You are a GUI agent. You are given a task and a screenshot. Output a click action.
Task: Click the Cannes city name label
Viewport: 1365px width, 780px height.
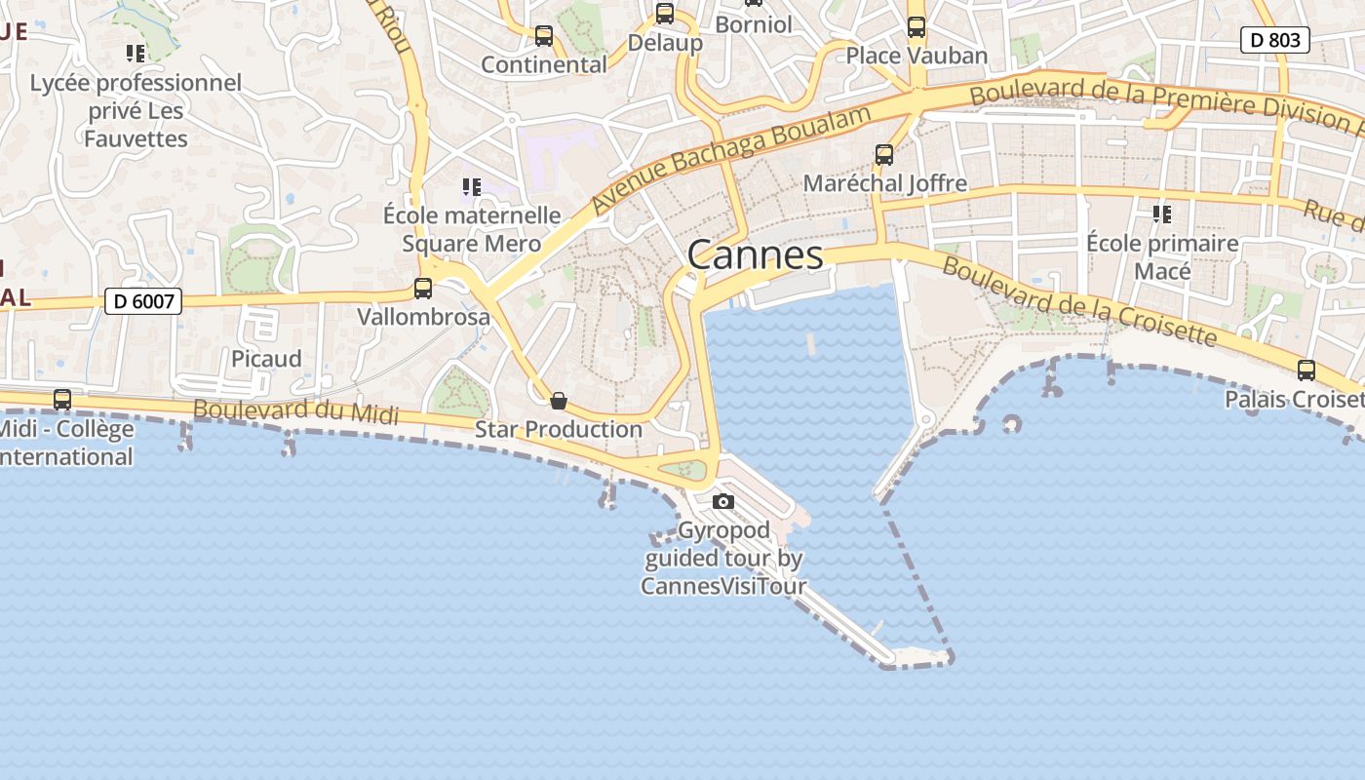point(756,255)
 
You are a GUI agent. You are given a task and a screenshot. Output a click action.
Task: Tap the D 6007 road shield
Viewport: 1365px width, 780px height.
point(143,301)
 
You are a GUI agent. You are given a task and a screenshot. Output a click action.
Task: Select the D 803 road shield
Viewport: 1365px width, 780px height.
point(1274,40)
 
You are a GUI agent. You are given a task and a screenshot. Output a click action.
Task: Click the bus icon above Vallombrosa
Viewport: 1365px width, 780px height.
point(423,289)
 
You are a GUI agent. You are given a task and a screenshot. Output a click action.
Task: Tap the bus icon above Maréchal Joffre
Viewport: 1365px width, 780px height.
point(884,155)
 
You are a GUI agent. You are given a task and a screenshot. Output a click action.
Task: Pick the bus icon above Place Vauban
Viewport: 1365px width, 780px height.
point(916,27)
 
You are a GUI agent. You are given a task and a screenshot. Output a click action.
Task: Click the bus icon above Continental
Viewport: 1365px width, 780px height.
point(544,37)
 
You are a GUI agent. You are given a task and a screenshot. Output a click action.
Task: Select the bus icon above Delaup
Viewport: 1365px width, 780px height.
point(665,14)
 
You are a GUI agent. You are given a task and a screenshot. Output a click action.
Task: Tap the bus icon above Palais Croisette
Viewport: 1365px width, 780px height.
point(1306,370)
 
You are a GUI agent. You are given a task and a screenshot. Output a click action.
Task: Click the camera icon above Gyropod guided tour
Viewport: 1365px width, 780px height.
point(723,501)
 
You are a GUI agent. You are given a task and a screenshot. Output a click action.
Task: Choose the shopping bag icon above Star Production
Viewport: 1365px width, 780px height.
point(559,401)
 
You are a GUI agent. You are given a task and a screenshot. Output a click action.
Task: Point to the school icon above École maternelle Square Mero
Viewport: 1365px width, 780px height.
point(472,186)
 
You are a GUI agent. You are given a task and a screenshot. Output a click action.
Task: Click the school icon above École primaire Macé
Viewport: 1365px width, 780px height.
point(1161,214)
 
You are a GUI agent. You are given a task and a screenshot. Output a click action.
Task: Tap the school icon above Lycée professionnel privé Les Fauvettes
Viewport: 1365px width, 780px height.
point(136,54)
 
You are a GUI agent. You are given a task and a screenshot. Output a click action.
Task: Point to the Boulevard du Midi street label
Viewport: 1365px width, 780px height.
point(296,411)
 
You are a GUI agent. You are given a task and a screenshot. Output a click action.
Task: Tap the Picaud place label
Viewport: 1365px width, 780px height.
point(266,359)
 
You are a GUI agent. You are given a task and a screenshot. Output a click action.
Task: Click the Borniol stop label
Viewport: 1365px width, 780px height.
point(754,24)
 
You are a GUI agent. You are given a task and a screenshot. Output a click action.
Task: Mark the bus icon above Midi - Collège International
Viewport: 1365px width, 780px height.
point(62,399)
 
